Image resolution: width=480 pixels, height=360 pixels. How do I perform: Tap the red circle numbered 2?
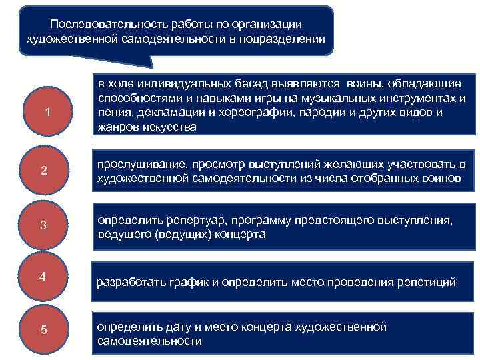click(x=43, y=171)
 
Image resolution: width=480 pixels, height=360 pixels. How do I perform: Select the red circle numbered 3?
click(x=43, y=225)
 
